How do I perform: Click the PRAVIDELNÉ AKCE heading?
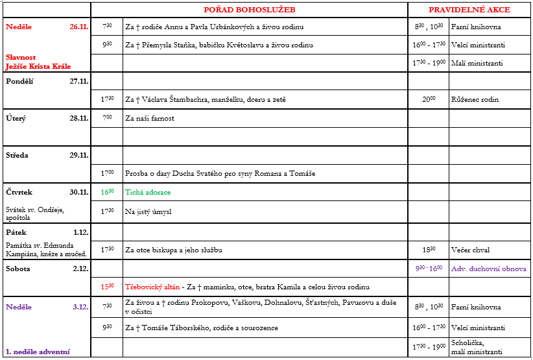pos(469,10)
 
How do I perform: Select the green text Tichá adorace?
pos(148,193)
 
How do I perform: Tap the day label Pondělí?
pos(20,82)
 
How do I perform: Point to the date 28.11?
pos(78,119)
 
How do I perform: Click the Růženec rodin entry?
pos(475,100)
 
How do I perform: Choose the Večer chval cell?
pos(471,250)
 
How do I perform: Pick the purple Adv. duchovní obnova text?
pos(489,269)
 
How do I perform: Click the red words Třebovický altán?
pos(153,286)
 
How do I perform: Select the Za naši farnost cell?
pos(150,119)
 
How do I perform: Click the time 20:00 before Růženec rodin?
pos(428,100)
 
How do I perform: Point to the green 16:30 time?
pos(107,193)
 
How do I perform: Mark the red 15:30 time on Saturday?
pos(107,286)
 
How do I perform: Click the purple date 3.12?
pos(80,307)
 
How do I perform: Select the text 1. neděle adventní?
pos(38,352)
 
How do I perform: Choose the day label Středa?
pos(18,156)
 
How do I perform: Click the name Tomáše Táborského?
pos(165,328)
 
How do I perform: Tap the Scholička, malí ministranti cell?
pos(477,347)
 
